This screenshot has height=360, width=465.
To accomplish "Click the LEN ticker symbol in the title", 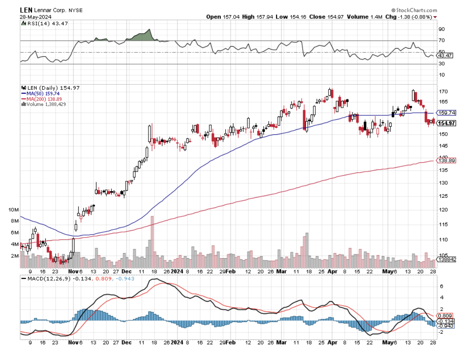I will [26, 9].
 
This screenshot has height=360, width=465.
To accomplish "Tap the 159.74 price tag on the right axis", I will [447, 113].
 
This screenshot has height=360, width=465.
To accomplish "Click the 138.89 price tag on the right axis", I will [447, 161].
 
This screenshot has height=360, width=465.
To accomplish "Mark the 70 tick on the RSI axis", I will [442, 41].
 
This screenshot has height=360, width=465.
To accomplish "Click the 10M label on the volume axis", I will [14, 210].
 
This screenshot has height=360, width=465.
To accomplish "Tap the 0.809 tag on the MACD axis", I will [446, 316].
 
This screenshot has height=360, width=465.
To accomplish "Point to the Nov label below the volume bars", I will [74, 272].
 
